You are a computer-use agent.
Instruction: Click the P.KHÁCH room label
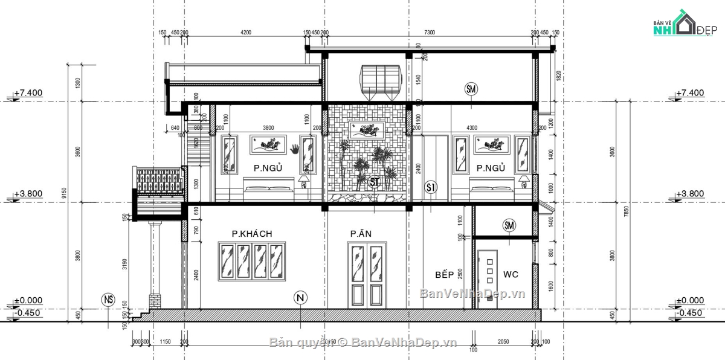coord(251,234)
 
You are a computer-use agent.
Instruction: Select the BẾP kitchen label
coord(444,275)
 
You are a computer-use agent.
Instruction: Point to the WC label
coord(511,275)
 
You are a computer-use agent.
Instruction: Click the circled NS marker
coord(108,299)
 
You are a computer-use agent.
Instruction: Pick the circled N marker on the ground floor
coord(300,297)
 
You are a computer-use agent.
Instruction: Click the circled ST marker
coord(375,182)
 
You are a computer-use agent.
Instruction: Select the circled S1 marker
coord(431,187)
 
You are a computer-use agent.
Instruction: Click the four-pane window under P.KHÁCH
coord(252,262)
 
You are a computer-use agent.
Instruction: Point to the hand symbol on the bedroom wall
coord(295,149)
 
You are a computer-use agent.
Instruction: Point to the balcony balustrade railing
coord(158,181)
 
